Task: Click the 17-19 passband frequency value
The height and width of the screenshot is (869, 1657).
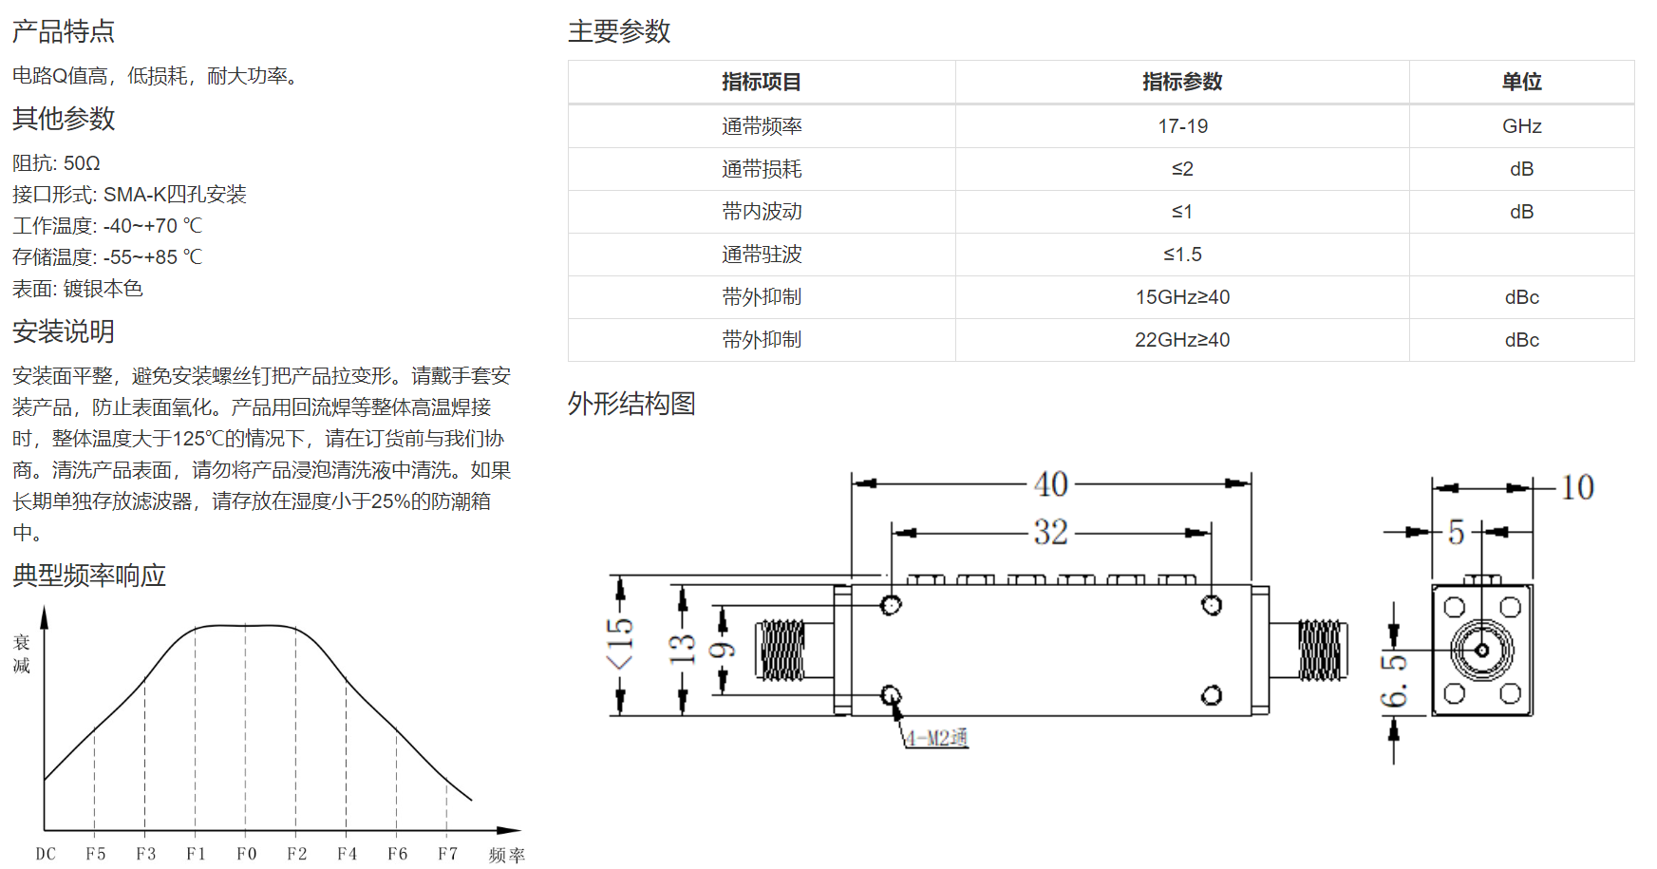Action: (1182, 126)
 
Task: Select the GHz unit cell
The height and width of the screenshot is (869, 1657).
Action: (1521, 126)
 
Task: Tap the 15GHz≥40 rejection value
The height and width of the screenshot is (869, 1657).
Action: (1182, 297)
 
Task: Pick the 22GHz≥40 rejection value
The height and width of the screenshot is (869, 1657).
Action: (1182, 340)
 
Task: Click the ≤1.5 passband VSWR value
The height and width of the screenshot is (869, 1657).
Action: (1182, 255)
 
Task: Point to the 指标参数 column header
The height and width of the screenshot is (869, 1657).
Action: (1182, 82)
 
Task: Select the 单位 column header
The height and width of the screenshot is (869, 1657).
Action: (1521, 82)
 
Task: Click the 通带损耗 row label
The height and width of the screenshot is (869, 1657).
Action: (762, 169)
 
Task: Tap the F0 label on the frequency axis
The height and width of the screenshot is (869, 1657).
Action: (246, 854)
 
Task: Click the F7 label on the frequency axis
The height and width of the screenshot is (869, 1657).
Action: (447, 854)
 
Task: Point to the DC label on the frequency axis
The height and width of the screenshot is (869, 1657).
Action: (46, 854)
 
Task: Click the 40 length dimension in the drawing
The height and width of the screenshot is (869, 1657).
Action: (1051, 484)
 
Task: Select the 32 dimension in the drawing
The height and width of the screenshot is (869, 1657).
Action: (1051, 532)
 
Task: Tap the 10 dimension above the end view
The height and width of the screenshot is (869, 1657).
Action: (1577, 487)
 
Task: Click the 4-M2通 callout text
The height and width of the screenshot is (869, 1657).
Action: (936, 738)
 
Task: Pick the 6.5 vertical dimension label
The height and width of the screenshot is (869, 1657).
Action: (1394, 681)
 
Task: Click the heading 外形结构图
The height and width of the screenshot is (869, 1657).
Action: (631, 404)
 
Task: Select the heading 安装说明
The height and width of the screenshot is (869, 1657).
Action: (64, 331)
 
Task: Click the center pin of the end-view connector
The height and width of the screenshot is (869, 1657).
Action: (1481, 651)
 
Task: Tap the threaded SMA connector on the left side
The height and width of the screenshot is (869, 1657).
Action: (781, 651)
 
